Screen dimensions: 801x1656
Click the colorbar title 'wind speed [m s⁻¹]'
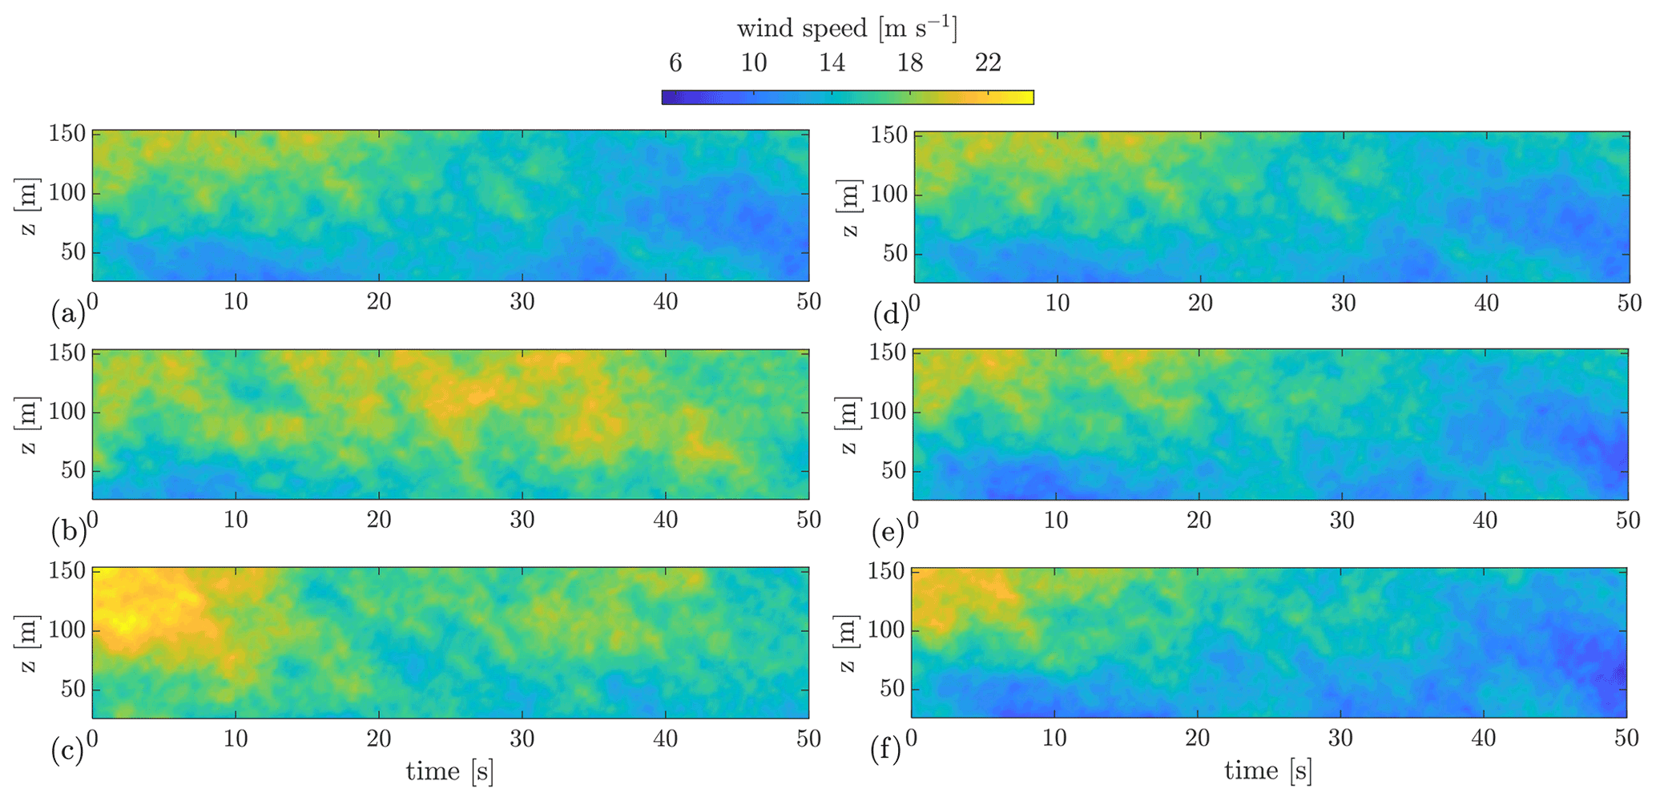[847, 29]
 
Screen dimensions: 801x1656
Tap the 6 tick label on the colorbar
[675, 62]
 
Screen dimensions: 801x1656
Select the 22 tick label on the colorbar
[988, 62]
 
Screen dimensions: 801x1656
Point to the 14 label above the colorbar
[832, 62]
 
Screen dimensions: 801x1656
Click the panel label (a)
[66, 312]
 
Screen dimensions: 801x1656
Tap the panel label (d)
[890, 315]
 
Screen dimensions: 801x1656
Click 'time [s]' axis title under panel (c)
[449, 771]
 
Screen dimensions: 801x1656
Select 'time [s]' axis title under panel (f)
[1268, 771]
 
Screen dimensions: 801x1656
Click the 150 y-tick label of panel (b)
[67, 353]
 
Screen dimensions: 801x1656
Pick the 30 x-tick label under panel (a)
[522, 302]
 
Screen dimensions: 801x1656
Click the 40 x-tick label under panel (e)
[1485, 521]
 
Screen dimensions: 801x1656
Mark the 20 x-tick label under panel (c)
[379, 739]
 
